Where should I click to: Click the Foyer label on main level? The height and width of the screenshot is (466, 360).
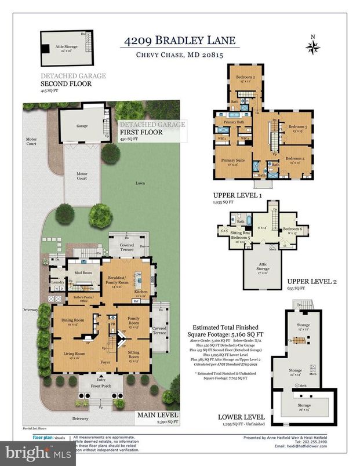coord(104,362)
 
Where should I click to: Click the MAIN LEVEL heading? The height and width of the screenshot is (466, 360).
coord(157,415)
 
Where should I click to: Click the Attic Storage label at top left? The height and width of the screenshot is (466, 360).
coord(59,47)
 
